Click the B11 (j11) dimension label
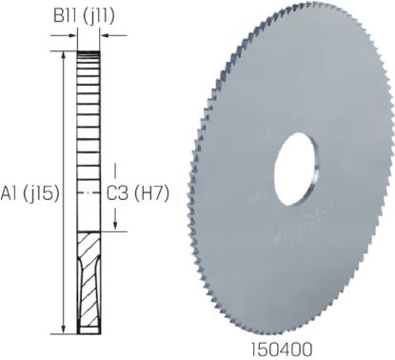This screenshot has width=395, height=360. [88, 14]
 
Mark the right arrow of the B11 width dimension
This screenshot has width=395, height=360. [104, 36]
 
